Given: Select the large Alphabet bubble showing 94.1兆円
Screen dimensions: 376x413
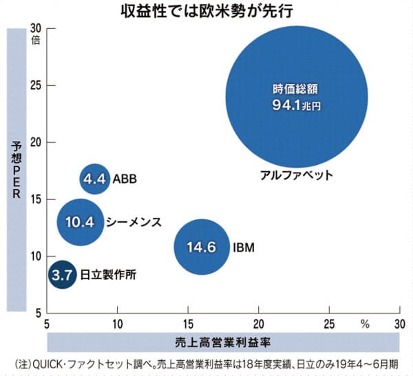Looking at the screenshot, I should click(x=297, y=97).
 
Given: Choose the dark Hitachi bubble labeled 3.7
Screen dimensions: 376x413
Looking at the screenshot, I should click(x=62, y=274).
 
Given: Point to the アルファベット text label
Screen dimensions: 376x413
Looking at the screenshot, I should click(x=297, y=175).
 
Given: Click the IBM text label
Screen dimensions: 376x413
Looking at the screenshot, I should click(x=244, y=246).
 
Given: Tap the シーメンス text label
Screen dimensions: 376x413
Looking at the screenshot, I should click(x=134, y=222).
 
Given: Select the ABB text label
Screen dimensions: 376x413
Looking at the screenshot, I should click(x=124, y=179).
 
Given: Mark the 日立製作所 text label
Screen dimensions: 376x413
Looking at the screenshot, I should click(x=106, y=274).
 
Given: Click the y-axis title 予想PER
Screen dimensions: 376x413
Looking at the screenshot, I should click(x=17, y=169).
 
